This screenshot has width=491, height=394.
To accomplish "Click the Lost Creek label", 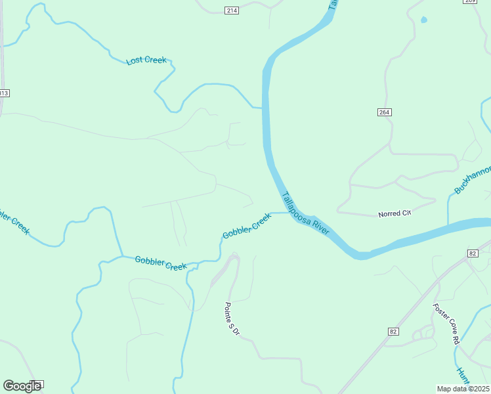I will (x=146, y=60).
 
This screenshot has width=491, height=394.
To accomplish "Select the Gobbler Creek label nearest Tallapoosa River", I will (x=246, y=226).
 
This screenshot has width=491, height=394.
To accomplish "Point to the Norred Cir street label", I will (x=394, y=214).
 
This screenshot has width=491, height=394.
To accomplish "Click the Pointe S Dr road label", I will (x=232, y=319).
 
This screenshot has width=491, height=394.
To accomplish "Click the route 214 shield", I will (x=231, y=11).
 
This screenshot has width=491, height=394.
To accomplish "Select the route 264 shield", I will (x=385, y=112).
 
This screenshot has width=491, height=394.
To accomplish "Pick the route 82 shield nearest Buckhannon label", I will (x=473, y=253).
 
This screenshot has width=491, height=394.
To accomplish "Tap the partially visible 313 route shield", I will (x=4, y=93).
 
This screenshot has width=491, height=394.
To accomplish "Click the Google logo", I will (x=22, y=386).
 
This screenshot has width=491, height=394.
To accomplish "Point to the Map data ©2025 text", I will (x=463, y=389).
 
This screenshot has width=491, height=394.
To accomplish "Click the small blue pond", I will (x=423, y=20).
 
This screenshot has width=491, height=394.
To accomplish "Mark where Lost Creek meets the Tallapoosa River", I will (x=263, y=107).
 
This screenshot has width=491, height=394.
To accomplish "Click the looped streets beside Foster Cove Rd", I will (x=425, y=333).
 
